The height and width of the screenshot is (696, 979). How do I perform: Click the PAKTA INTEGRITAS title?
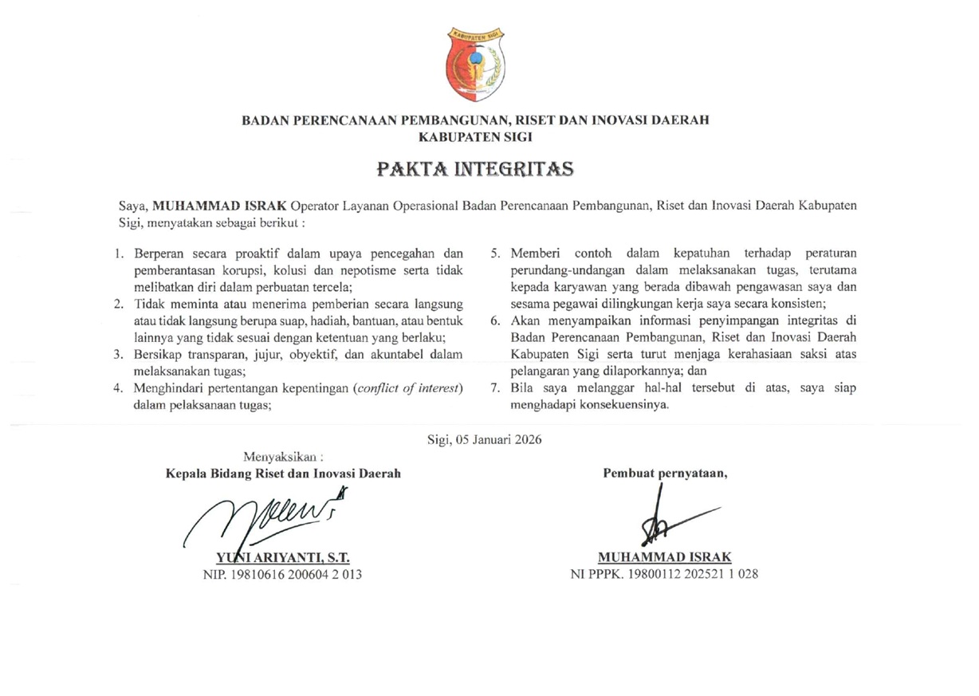click(x=476, y=169)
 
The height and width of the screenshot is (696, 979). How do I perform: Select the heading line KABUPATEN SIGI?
click(x=475, y=136)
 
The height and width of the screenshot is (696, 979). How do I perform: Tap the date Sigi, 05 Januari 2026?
click(x=485, y=440)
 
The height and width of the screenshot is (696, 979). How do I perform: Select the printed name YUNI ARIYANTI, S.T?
click(x=284, y=557)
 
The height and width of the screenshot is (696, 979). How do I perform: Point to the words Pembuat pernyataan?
click(x=665, y=473)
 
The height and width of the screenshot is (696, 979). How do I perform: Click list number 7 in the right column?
click(x=494, y=388)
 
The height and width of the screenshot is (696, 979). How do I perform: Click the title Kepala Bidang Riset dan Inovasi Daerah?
click(x=283, y=473)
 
